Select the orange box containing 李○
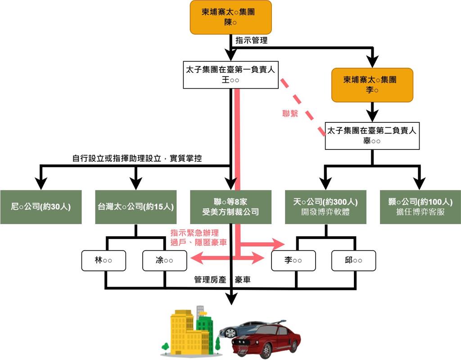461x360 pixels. coord(372,85)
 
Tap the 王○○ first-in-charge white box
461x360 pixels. coord(231,75)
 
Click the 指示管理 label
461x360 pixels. coord(251,40)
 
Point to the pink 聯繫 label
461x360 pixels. coord(289,114)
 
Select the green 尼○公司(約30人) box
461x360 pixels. coord(41,207)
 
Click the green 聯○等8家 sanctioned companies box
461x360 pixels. coord(230,207)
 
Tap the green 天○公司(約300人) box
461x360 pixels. coord(325,207)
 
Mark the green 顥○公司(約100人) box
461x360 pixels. coord(420,207)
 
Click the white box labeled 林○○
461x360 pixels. coord(104,261)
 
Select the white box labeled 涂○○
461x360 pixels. coord(164,261)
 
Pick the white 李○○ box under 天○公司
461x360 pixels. coord(293,261)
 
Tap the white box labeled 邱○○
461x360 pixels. coord(353,261)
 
